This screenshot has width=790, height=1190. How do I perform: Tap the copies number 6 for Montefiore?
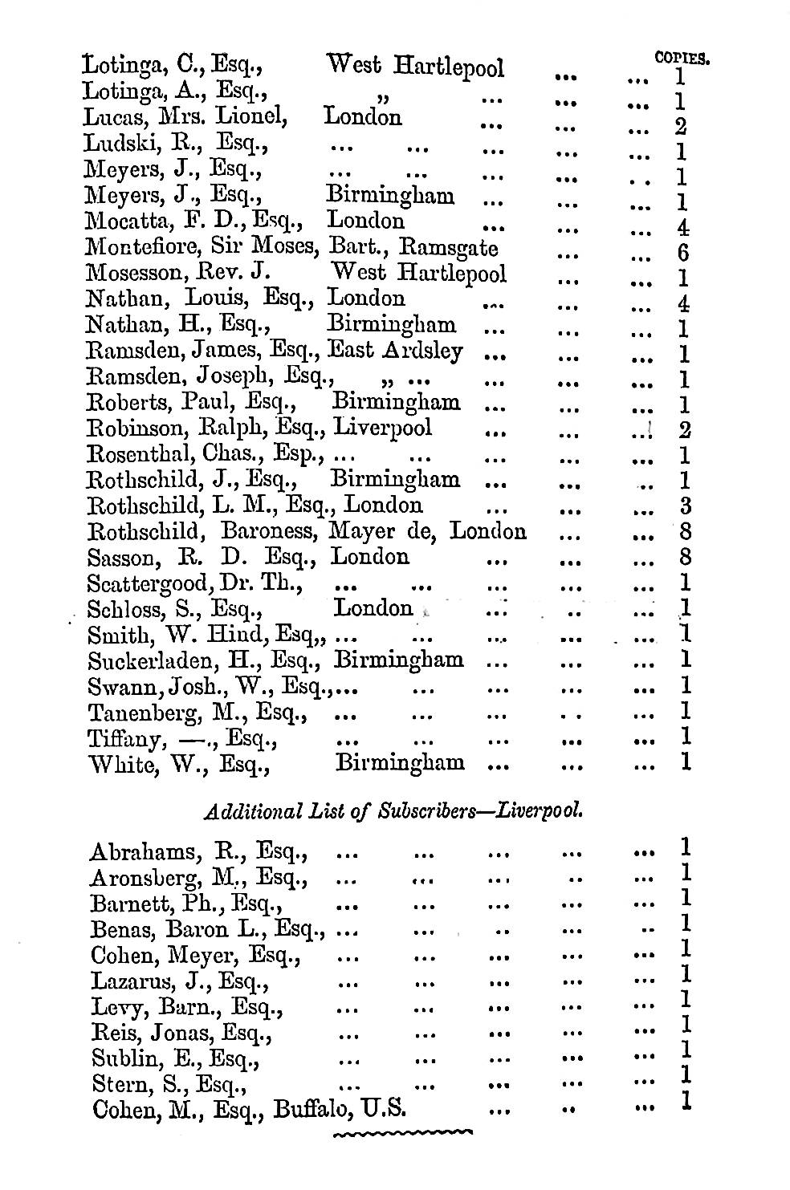[684, 254]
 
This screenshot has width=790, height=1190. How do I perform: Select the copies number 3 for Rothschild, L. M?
[685, 506]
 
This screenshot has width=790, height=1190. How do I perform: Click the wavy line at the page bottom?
[401, 1134]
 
